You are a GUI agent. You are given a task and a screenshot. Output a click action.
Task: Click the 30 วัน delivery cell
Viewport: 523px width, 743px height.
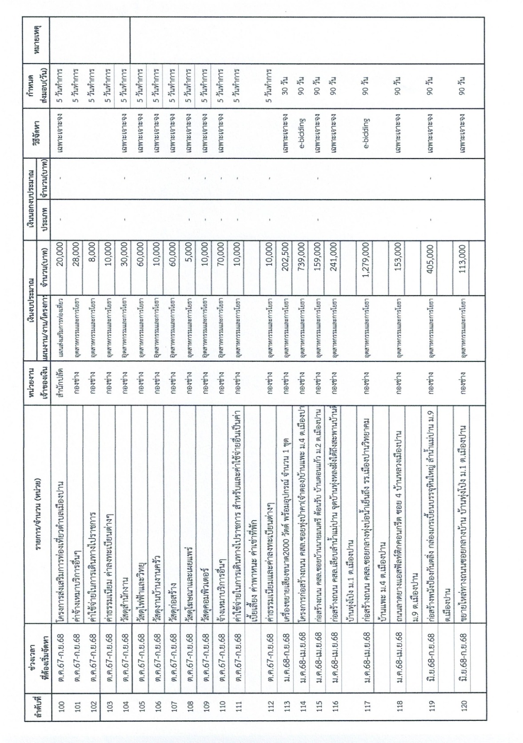[x=287, y=84]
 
